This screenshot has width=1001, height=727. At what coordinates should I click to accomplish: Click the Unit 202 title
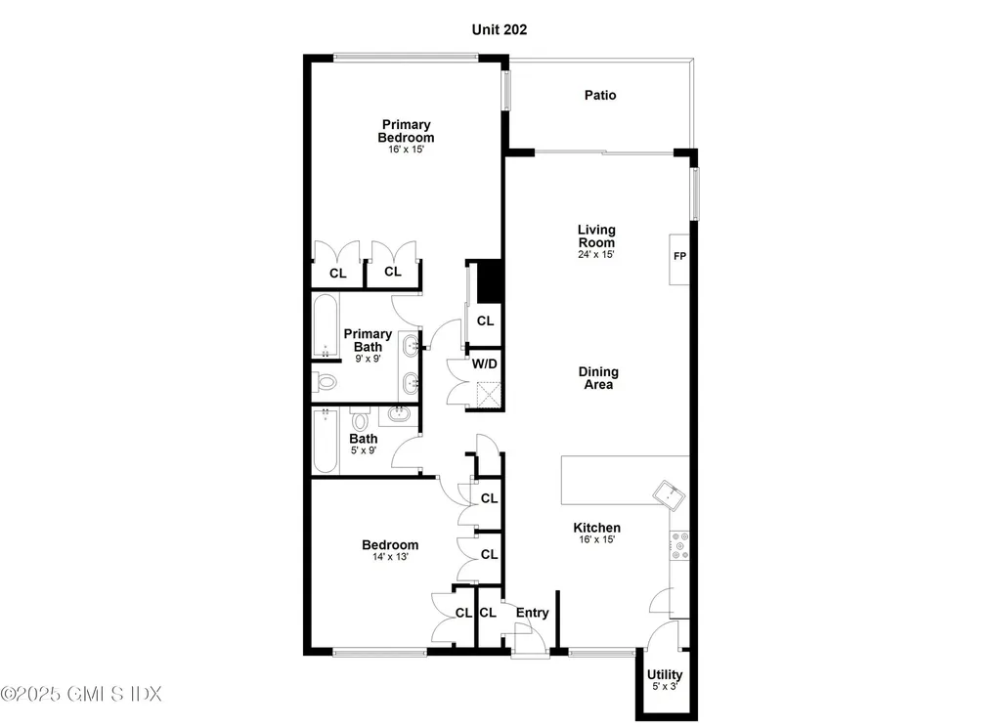click(x=500, y=29)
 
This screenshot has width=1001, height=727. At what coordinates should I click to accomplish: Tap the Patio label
click(x=600, y=95)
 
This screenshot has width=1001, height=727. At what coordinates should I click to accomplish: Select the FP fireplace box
click(x=679, y=259)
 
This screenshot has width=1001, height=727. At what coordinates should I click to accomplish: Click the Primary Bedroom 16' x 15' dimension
click(x=406, y=150)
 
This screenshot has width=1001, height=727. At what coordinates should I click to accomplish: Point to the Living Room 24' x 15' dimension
click(x=596, y=254)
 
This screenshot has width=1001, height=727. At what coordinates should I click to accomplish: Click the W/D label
click(x=485, y=363)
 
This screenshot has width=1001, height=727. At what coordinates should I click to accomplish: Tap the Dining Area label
click(x=598, y=378)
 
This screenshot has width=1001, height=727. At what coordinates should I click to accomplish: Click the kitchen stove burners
click(x=679, y=545)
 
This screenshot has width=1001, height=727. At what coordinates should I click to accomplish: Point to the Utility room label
click(x=665, y=674)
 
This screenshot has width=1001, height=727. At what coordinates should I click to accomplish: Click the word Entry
click(x=533, y=613)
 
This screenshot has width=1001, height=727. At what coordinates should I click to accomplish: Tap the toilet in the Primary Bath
click(x=325, y=382)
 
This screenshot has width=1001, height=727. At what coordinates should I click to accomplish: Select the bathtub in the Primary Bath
click(x=325, y=325)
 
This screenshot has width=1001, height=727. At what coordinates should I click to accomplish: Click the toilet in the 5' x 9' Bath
click(x=361, y=419)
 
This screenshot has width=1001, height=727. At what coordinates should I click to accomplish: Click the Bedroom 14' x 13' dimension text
click(x=390, y=557)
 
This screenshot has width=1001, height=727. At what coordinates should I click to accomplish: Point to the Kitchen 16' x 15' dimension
click(x=597, y=539)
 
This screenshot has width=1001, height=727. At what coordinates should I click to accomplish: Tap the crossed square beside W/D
click(x=489, y=394)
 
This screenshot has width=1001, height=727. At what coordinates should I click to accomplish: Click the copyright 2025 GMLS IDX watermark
click(x=81, y=693)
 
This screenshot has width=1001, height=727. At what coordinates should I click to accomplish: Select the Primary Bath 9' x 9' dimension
click(x=368, y=359)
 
